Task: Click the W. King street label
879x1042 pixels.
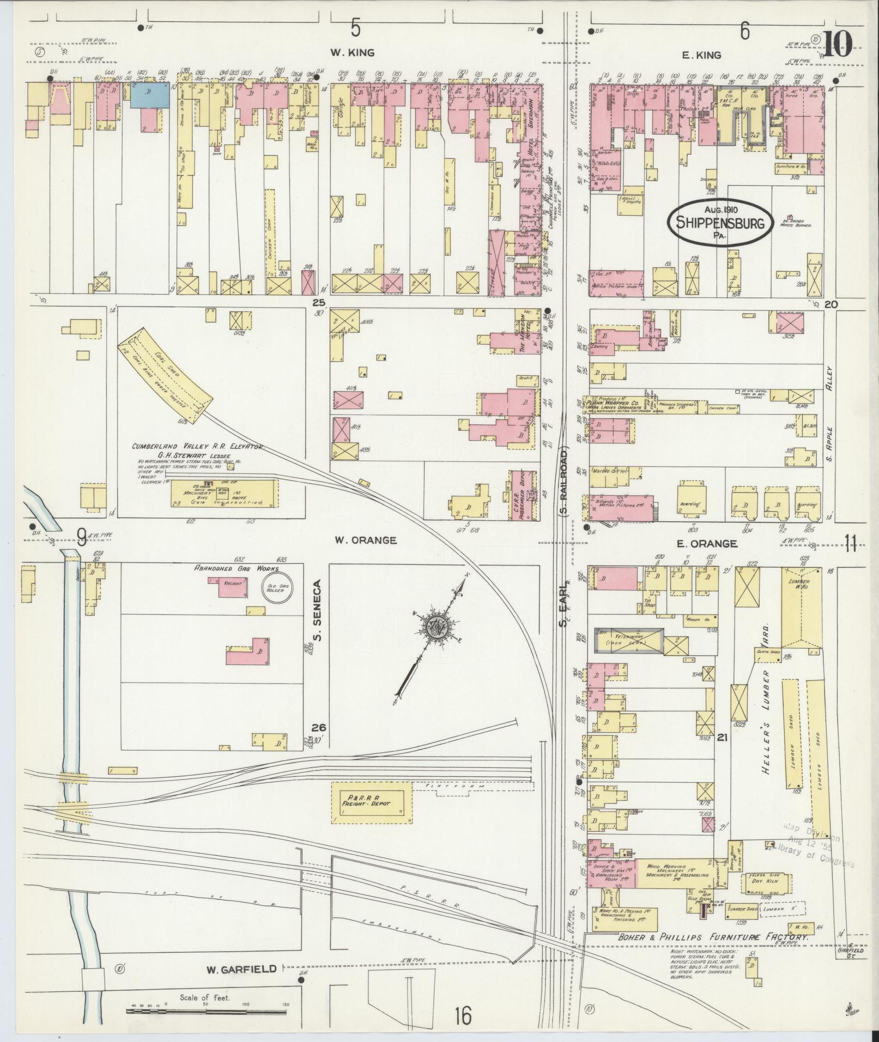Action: click(x=352, y=53)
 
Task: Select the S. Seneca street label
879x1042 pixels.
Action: click(x=319, y=611)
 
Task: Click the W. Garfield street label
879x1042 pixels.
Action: click(x=241, y=969)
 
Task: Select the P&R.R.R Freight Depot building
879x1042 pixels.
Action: click(x=372, y=799)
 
